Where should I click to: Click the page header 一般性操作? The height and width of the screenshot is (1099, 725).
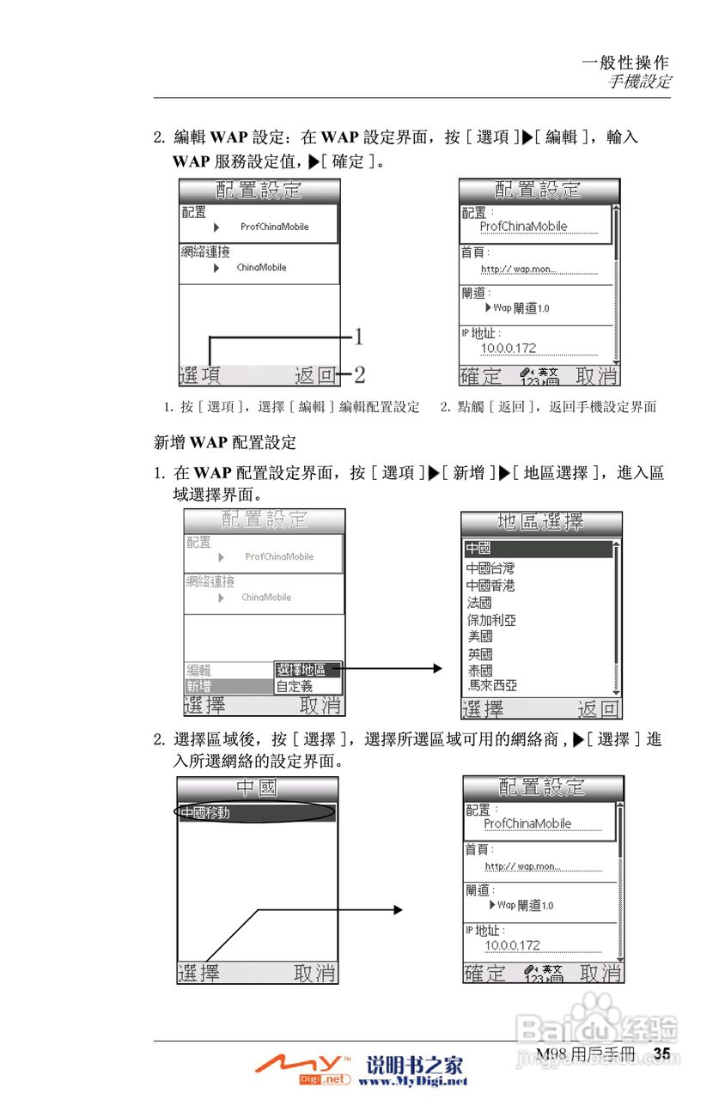[624, 62]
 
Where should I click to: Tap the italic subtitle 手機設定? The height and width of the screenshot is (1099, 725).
[640, 82]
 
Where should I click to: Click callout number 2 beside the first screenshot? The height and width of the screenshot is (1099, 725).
[360, 374]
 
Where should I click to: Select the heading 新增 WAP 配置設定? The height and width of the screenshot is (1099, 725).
[224, 443]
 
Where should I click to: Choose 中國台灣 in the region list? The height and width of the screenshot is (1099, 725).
[490, 568]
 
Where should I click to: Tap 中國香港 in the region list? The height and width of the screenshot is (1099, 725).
[490, 586]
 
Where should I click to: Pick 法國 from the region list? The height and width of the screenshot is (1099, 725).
[479, 603]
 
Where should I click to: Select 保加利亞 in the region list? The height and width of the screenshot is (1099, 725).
[491, 620]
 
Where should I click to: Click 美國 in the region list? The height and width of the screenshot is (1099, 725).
[479, 637]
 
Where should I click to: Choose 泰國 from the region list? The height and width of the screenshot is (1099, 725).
[479, 671]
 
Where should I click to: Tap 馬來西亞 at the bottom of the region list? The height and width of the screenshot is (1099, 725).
[492, 686]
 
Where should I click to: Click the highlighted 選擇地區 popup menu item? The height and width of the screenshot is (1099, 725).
[308, 670]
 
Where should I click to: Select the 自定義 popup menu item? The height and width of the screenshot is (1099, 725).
[295, 687]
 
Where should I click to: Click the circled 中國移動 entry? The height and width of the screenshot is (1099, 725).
[205, 813]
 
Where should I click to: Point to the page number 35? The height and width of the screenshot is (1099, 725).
[661, 1053]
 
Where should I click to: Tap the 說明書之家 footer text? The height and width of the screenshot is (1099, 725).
[415, 1066]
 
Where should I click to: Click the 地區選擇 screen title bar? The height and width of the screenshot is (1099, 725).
[541, 522]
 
